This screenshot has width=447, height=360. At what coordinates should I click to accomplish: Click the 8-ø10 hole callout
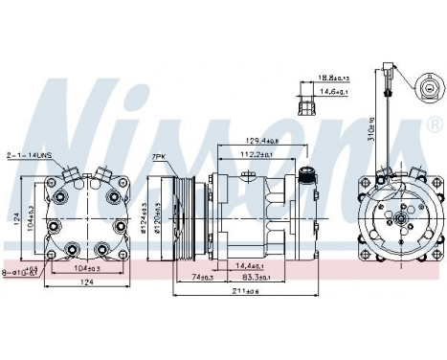point(31,272)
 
